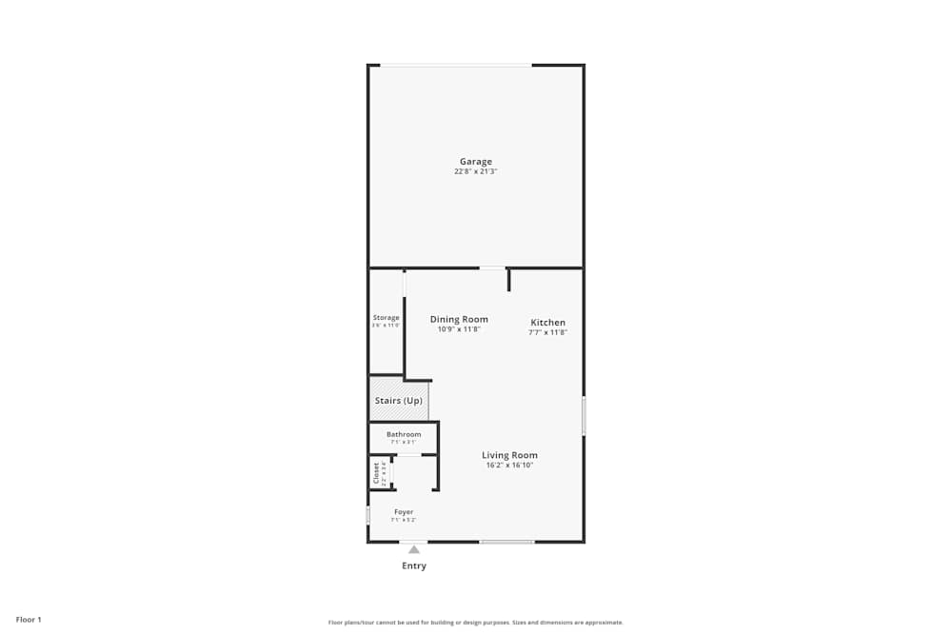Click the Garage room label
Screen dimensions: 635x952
[x=476, y=162]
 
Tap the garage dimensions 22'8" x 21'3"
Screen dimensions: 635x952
[x=476, y=172]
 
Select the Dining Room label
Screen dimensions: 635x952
[x=459, y=320]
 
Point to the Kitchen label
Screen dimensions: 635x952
[x=547, y=323]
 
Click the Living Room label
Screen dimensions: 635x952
[x=509, y=455]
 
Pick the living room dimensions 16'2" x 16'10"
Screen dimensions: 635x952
[x=509, y=466]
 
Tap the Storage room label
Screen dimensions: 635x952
[x=386, y=318]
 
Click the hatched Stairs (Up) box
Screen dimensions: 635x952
[x=399, y=401]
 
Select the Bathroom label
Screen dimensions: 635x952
[x=404, y=434]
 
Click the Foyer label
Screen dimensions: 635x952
[x=404, y=512]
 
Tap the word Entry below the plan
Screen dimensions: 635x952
[x=414, y=566]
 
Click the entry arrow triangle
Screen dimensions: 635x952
[x=414, y=549]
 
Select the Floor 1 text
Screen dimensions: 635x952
[x=29, y=620]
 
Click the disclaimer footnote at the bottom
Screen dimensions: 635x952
[x=476, y=623]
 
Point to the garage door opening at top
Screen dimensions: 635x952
[x=456, y=65]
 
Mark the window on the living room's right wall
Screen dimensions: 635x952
[x=584, y=416]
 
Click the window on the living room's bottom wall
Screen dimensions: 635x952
[x=506, y=542]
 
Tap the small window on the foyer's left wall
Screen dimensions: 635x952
[x=368, y=515]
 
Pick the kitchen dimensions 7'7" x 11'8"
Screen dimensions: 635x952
[x=547, y=333]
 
